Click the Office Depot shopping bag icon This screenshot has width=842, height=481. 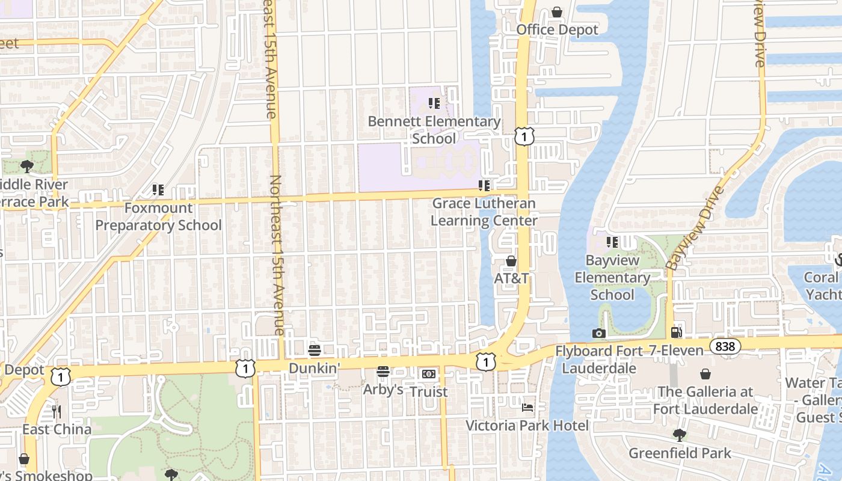click(x=557, y=12)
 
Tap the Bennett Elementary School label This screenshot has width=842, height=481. click(x=434, y=130)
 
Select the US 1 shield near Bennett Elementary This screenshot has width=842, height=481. click(x=524, y=136)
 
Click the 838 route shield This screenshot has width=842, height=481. click(x=725, y=346)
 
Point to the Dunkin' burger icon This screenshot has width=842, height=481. click(x=314, y=349)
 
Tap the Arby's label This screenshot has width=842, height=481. click(x=383, y=390)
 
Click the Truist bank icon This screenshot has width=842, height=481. click(x=428, y=374)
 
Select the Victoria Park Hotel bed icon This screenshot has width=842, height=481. click(x=527, y=408)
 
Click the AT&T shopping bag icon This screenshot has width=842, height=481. click(x=511, y=261)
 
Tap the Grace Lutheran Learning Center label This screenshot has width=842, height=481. click(x=484, y=212)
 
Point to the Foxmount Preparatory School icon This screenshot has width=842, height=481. click(x=158, y=190)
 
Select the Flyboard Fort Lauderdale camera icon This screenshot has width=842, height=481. click(x=598, y=333)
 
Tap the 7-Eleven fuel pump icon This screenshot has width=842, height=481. click(x=677, y=332)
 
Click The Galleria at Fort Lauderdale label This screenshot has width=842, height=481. click(x=705, y=400)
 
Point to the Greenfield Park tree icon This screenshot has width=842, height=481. click(x=680, y=435)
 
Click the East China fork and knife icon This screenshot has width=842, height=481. click(x=57, y=411)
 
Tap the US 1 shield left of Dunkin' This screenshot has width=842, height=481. click(x=245, y=368)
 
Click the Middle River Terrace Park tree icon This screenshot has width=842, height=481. click(x=26, y=166)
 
